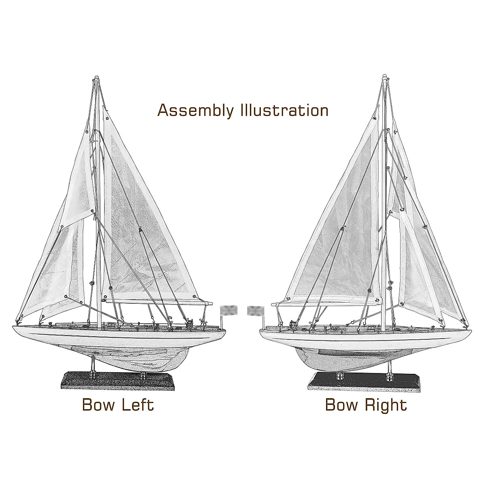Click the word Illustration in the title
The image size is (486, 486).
(283, 110)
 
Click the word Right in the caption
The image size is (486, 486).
(384, 405)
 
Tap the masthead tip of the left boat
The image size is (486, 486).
(96, 77)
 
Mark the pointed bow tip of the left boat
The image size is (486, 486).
(13, 325)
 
